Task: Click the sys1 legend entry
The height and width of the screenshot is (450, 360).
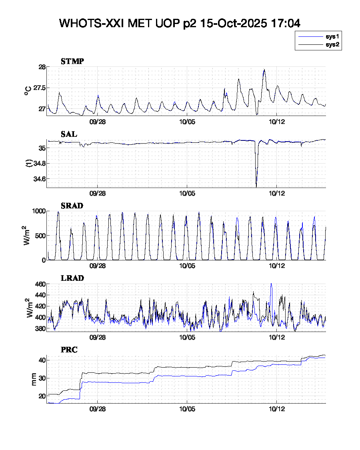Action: pos(332,36)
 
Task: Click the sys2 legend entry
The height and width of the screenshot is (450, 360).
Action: pos(332,45)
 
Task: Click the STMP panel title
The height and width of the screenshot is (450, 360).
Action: pos(72,61)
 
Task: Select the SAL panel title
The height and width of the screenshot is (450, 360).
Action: pos(69,134)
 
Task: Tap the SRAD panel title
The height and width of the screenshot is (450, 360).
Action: pos(72,206)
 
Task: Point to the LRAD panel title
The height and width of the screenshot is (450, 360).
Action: pos(72,278)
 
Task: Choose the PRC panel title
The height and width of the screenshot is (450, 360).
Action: pos(69,350)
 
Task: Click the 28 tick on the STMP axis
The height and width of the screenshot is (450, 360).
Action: pos(42,67)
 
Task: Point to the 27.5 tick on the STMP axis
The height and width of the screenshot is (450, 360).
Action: pos(39,88)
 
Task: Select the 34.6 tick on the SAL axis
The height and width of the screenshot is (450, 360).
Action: pos(39,178)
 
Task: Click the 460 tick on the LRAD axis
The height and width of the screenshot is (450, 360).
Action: pos(40,284)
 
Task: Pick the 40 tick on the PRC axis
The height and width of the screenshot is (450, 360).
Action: pos(42,360)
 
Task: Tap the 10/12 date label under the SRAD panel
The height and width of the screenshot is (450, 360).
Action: pos(277,266)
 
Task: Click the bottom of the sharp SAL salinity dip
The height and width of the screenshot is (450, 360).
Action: pos(256,186)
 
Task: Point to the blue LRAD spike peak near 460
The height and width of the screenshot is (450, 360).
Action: pos(271,284)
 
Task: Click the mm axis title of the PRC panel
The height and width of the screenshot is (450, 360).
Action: pos(34,379)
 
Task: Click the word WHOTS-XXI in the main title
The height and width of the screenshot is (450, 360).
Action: pos(92,23)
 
